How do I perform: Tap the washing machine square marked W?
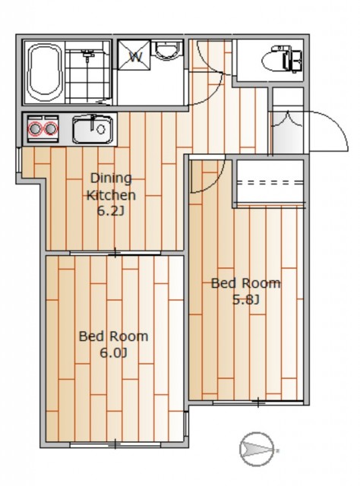(134, 55)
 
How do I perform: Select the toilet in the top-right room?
(282, 59)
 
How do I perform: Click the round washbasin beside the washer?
(168, 49)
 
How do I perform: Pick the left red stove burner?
(35, 128)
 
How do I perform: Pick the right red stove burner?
(51, 128)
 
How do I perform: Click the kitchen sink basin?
(93, 129)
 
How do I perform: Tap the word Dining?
(111, 178)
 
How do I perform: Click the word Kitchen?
(111, 195)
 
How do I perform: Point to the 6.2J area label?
(111, 211)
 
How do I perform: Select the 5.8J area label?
(245, 300)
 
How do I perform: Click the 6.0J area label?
(113, 352)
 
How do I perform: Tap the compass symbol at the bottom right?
(257, 449)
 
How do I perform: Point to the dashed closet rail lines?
(270, 182)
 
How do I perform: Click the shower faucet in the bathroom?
(88, 55)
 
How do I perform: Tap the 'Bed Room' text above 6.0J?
(113, 336)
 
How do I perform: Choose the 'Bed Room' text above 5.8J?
(245, 283)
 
